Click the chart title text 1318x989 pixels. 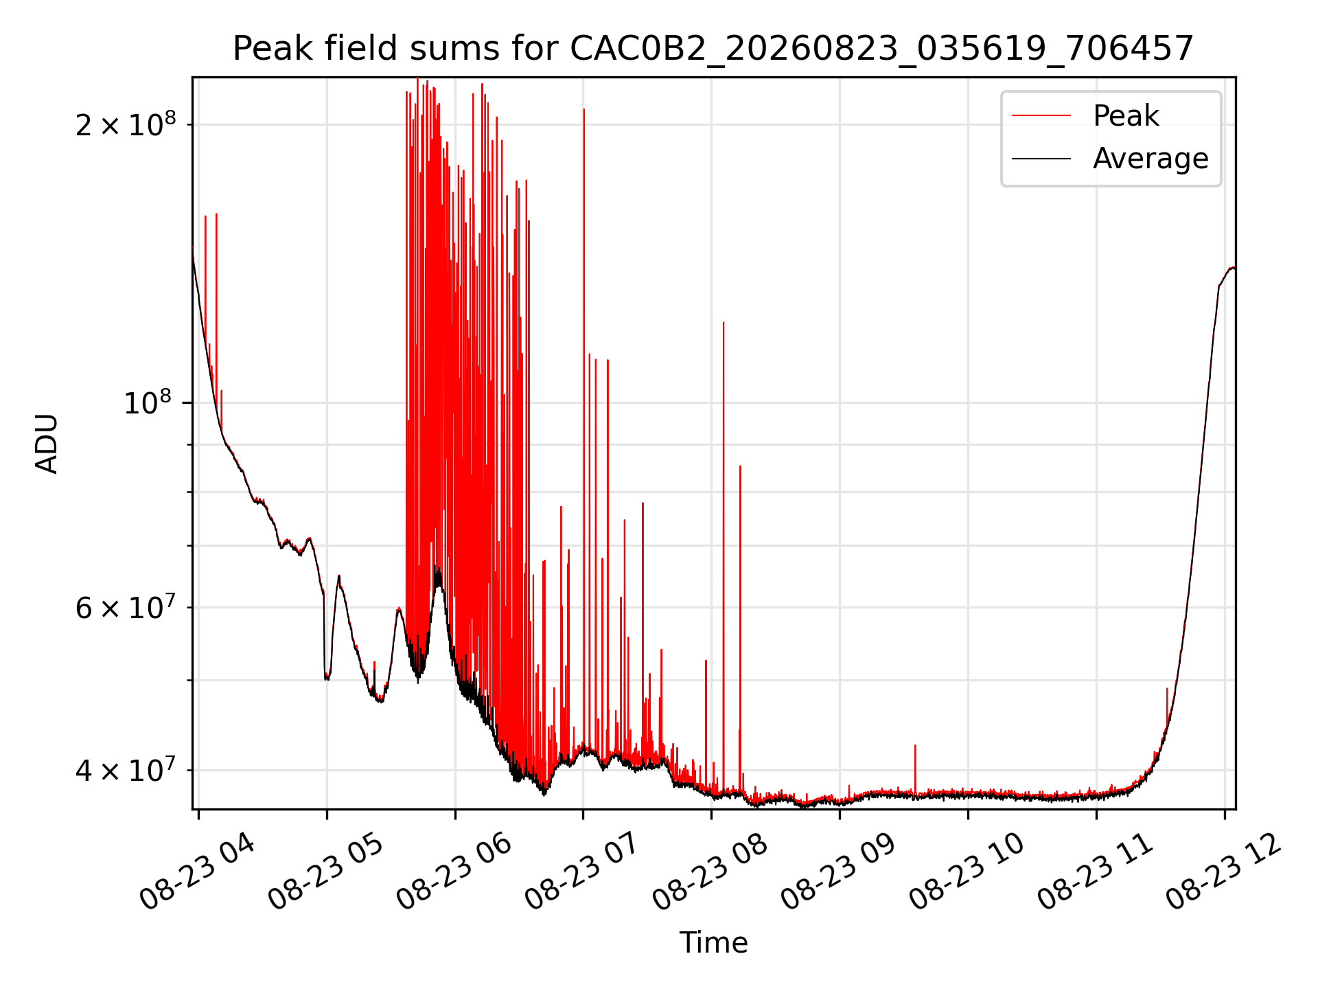[x=713, y=49]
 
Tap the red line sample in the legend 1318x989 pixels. [x=1041, y=116]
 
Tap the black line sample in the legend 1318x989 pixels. [x=1041, y=159]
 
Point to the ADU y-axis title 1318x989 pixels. [x=47, y=444]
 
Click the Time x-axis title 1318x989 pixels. [x=713, y=942]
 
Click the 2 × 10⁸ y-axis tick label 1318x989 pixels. [x=126, y=124]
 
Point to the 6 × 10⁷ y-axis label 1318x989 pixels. [x=126, y=607]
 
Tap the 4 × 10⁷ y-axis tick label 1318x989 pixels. [x=126, y=770]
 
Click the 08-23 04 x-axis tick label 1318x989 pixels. [x=197, y=872]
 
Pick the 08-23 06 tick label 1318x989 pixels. [x=454, y=872]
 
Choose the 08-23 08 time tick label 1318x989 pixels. [x=710, y=872]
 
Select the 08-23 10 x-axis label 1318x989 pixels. [x=967, y=872]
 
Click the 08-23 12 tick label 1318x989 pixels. [x=1223, y=872]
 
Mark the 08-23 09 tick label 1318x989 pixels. [x=838, y=872]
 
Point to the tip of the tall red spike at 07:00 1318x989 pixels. [x=584, y=109]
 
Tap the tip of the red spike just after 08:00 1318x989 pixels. [x=724, y=322]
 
